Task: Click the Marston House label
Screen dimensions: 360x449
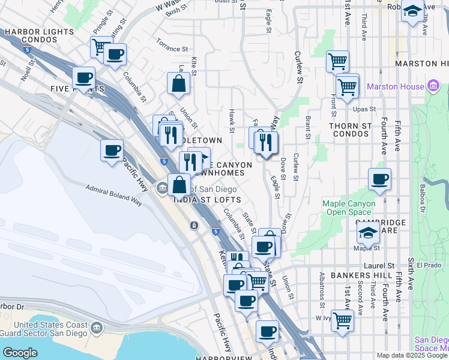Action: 396,86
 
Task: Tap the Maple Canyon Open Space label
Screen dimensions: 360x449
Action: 349,208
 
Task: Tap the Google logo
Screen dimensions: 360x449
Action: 20,353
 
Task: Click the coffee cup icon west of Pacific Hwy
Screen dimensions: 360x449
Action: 112,150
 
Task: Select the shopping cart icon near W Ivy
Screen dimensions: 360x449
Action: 342,320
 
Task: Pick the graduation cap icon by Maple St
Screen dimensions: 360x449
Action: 367,232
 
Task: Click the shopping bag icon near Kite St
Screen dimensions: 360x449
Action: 179,83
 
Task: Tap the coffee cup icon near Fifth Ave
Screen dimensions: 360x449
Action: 379,178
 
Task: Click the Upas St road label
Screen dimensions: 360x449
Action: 364,109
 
